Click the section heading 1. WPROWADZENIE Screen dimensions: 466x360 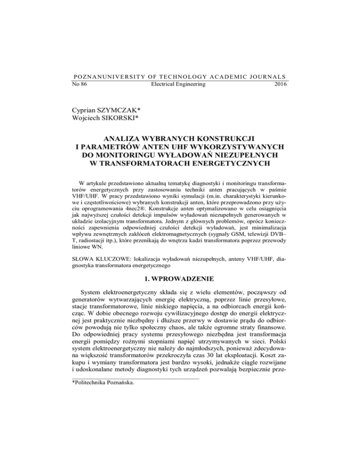coord(180,291)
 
